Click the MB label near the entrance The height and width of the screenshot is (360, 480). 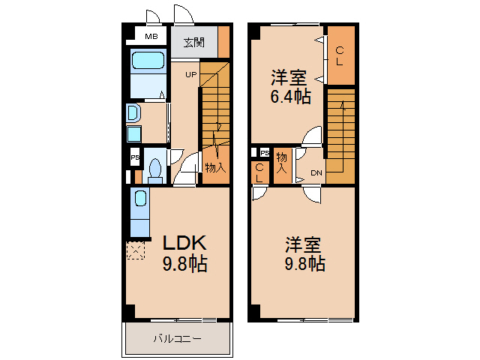tap(151, 36)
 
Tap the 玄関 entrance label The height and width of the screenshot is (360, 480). tap(193, 42)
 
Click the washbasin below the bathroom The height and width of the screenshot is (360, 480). tap(133, 113)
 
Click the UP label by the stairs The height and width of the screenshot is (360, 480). tap(191, 74)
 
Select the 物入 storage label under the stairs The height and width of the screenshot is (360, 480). tap(214, 168)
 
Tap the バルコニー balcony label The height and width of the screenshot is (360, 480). tap(177, 339)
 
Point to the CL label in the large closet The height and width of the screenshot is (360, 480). tap(340, 56)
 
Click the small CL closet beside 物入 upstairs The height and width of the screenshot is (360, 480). tap(259, 173)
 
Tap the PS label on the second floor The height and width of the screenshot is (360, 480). tap(265, 154)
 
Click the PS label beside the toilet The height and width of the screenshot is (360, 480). tap(135, 158)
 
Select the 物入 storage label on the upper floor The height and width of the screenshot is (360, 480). tap(282, 163)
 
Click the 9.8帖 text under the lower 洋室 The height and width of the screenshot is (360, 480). tap(304, 264)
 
